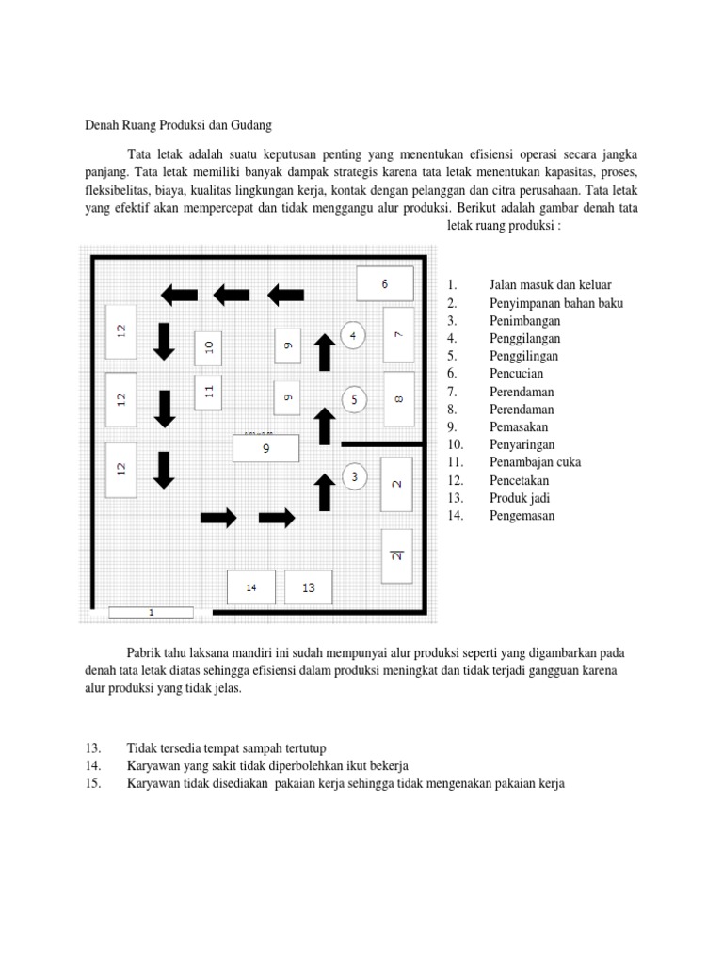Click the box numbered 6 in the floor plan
tap(384, 283)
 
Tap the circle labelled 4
tap(353, 335)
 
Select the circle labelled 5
tap(353, 400)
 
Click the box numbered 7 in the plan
tap(398, 334)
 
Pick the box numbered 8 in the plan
tap(398, 400)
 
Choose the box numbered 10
tap(209, 346)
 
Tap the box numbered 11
tap(209, 391)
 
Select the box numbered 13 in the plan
tap(309, 587)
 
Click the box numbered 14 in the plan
tap(251, 587)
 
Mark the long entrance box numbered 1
tap(151, 613)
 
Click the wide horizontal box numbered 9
tap(265, 449)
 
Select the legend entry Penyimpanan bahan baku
tap(555, 303)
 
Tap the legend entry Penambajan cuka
tap(535, 462)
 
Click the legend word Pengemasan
tap(522, 515)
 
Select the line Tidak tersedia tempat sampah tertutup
tap(226, 747)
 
